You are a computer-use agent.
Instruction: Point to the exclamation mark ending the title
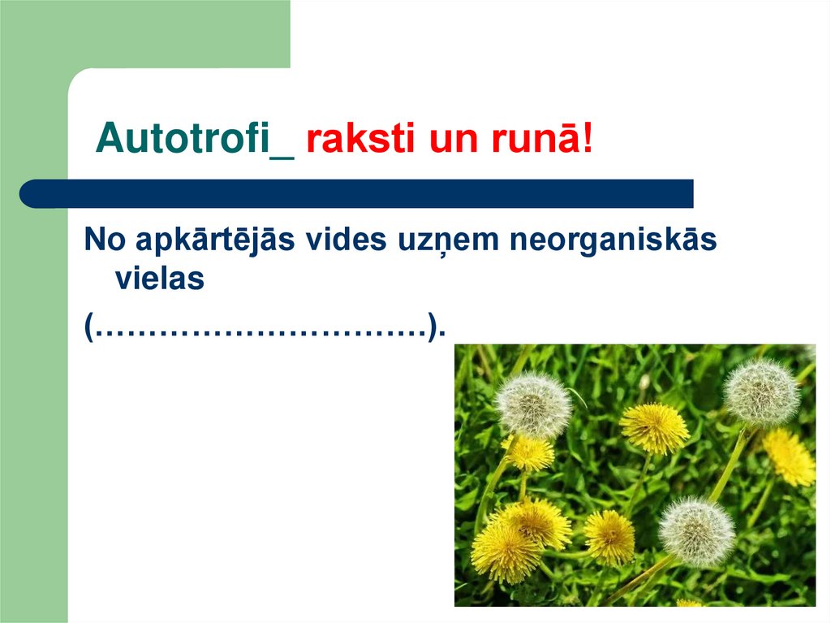click(588, 141)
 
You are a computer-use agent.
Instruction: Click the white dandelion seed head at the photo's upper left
click(533, 404)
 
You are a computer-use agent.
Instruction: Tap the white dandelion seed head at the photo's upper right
click(761, 392)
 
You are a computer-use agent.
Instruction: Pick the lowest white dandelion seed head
click(696, 532)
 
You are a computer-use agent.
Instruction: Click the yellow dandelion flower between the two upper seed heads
click(654, 427)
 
